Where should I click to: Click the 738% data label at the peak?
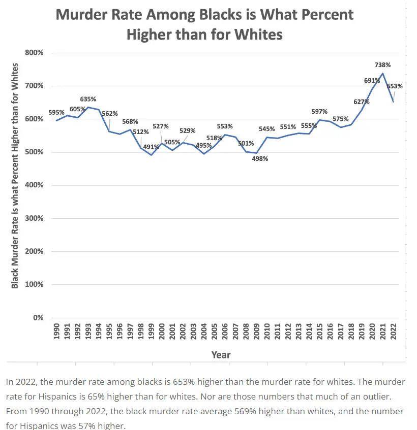(x=382, y=65)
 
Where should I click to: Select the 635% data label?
(x=88, y=99)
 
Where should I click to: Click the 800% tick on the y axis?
(x=34, y=53)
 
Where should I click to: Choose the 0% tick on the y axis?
(x=38, y=318)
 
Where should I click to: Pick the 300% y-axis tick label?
(x=34, y=218)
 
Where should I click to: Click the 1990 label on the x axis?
(x=56, y=333)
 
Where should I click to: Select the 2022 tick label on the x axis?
(x=393, y=333)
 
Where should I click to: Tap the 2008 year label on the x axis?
(x=246, y=333)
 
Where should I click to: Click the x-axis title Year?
(x=221, y=355)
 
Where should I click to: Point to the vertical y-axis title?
(x=15, y=175)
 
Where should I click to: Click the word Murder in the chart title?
(x=83, y=14)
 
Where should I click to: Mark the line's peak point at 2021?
(x=382, y=74)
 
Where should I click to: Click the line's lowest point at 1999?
(x=151, y=155)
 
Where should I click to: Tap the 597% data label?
(x=319, y=112)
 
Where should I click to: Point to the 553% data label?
(x=224, y=126)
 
